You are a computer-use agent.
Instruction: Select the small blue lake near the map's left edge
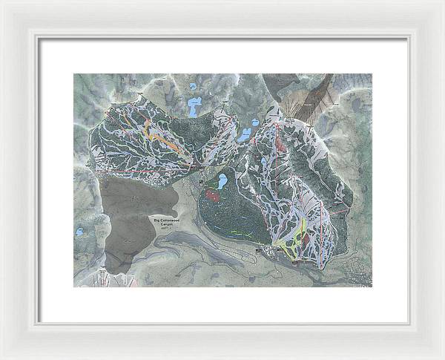pyautogui.click(x=79, y=232)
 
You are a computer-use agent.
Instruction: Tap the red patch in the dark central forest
pyautogui.click(x=212, y=195)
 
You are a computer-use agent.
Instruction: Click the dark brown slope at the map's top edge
pyautogui.click(x=320, y=93)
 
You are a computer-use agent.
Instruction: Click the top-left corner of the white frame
pyautogui.click(x=3, y=3)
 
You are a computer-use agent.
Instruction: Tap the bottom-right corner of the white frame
pyautogui.click(x=441, y=356)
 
